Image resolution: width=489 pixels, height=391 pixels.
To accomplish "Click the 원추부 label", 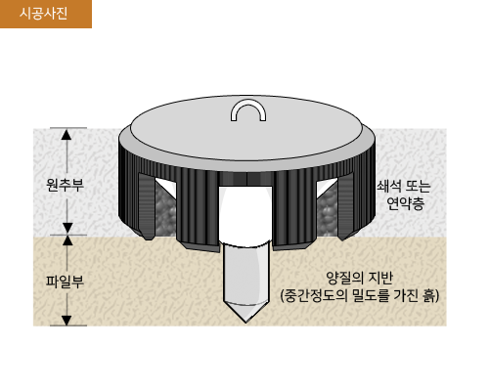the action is [x=65, y=185].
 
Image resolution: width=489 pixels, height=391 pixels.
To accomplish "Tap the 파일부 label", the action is [x=65, y=281].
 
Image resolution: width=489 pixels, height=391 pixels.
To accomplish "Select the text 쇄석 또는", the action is [x=404, y=186].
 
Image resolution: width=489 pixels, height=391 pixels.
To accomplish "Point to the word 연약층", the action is [x=405, y=203].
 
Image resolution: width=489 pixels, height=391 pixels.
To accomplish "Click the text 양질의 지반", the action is [x=359, y=278].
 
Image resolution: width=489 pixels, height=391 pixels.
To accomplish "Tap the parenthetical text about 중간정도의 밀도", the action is [x=360, y=295].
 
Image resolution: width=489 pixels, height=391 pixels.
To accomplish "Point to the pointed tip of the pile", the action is [x=245, y=322].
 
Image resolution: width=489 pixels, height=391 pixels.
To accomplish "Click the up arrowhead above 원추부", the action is [x=67, y=134].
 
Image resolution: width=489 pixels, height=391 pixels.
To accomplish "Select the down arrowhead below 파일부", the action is [x=67, y=321].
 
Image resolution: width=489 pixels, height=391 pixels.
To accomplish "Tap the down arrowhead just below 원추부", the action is [x=67, y=228].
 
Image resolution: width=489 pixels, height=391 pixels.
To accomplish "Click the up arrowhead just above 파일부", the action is [x=67, y=240].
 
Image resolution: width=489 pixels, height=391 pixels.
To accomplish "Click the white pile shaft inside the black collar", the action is [x=245, y=215].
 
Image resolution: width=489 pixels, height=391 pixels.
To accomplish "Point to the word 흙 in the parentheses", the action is [x=430, y=295].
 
